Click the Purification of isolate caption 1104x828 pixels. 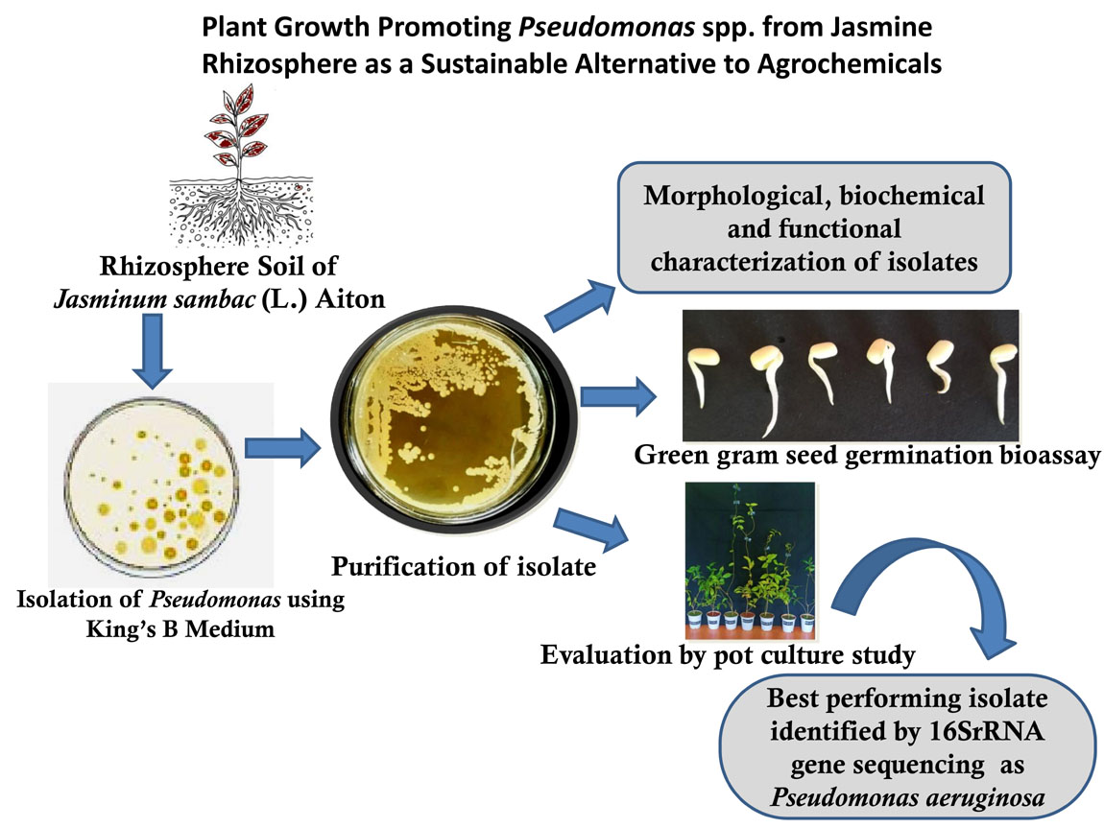click(x=464, y=566)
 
